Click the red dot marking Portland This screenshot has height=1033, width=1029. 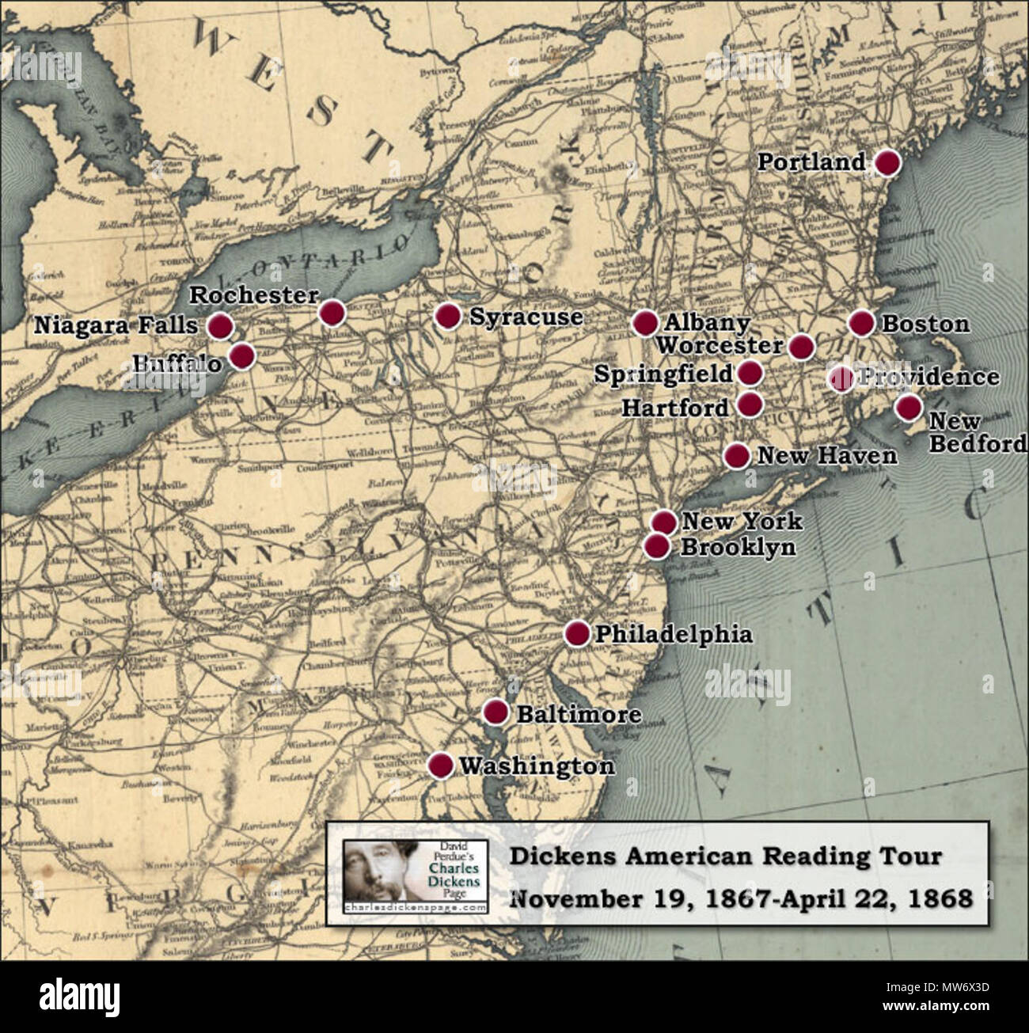pyautogui.click(x=887, y=162)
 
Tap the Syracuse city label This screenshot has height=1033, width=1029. pyautogui.click(x=526, y=317)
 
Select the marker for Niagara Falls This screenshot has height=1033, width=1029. pyautogui.click(x=220, y=325)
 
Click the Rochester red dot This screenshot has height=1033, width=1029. pyautogui.click(x=332, y=313)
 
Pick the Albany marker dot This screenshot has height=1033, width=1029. pyautogui.click(x=645, y=322)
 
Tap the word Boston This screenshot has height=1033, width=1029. pyautogui.click(x=925, y=324)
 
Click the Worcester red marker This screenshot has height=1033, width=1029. pyautogui.click(x=801, y=346)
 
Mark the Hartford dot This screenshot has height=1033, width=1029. pyautogui.click(x=749, y=404)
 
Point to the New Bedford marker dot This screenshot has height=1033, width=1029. pyautogui.click(x=908, y=407)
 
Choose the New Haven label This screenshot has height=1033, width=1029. pyautogui.click(x=827, y=455)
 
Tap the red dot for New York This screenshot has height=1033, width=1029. pyautogui.click(x=664, y=522)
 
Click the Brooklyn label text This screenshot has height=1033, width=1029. pyautogui.click(x=738, y=547)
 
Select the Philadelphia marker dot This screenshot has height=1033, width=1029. pyautogui.click(x=577, y=633)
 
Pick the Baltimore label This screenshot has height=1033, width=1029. pyautogui.click(x=579, y=714)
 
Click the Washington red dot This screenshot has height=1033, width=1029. pyautogui.click(x=440, y=765)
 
